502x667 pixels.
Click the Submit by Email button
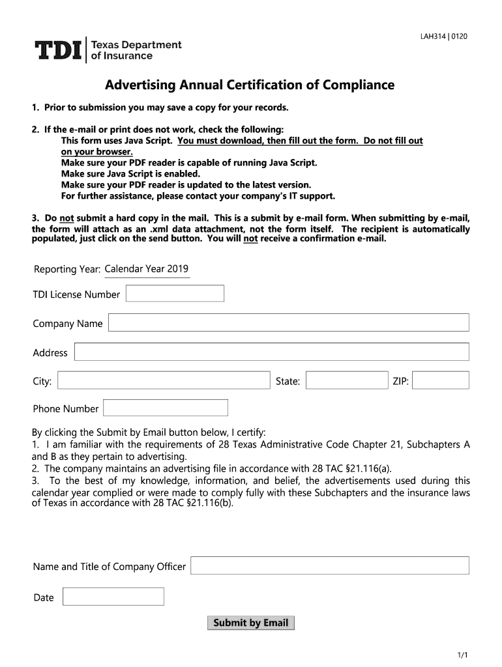[x=250, y=623]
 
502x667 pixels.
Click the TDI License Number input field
[x=175, y=294]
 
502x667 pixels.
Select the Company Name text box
[x=288, y=323]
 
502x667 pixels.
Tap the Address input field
[x=271, y=352]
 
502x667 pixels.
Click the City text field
[x=164, y=380]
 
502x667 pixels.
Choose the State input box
[x=346, y=380]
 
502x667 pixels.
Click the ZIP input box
[x=441, y=380]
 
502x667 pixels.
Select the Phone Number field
[x=166, y=408]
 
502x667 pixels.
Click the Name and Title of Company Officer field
[x=329, y=565]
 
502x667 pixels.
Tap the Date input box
[x=113, y=597]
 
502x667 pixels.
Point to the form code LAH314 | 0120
[x=443, y=36]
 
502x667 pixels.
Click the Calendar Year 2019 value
[x=147, y=269]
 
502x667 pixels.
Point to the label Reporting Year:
[x=66, y=270]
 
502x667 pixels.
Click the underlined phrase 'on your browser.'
[x=96, y=152]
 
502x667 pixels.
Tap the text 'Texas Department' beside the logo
[x=136, y=45]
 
